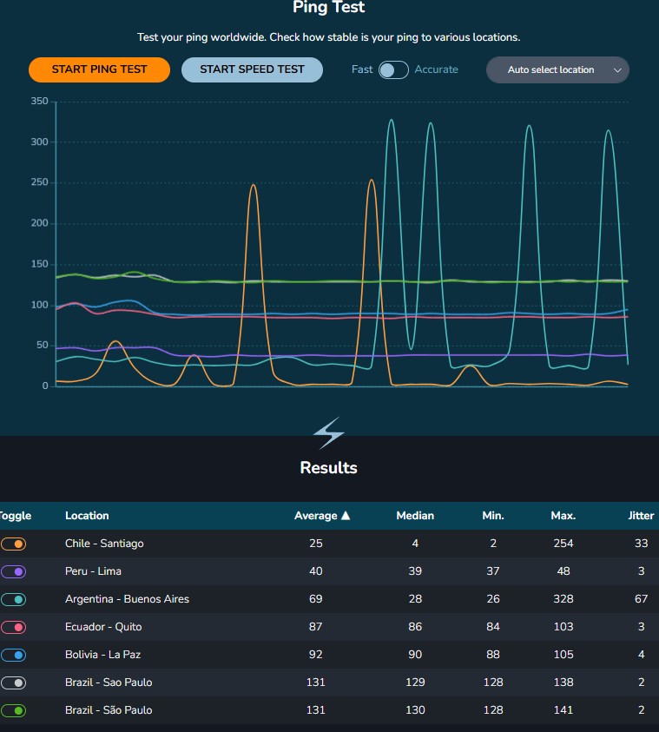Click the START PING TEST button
[99, 69]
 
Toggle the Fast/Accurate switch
[393, 69]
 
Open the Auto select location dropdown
[557, 69]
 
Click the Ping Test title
[328, 8]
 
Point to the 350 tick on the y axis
[39, 102]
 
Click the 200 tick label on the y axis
[39, 223]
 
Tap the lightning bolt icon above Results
[328, 432]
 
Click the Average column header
[321, 516]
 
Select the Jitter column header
[641, 516]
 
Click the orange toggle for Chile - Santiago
[14, 544]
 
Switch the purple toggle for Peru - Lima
[14, 571]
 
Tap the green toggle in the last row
[14, 710]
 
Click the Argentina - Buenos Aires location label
[127, 599]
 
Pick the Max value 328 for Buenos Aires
[563, 599]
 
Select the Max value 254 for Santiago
[563, 544]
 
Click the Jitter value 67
[641, 599]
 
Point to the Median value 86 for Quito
[415, 627]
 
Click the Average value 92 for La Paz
[315, 655]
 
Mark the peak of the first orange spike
[253, 185]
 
